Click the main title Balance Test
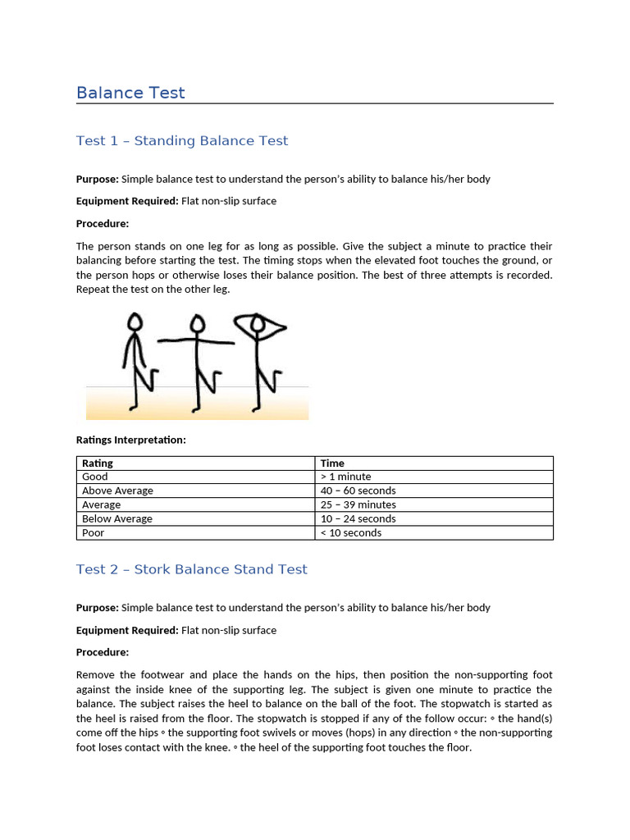[130, 93]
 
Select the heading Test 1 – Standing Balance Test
[182, 141]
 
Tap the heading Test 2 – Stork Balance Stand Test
[191, 569]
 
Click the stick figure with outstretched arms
[196, 361]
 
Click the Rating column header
[98, 463]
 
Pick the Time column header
[332, 463]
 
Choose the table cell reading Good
[95, 477]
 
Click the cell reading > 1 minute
[345, 477]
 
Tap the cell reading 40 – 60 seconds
[358, 491]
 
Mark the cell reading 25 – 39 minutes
[358, 504]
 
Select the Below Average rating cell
[117, 518]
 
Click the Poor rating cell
[94, 532]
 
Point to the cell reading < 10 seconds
[351, 532]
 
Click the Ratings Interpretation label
[131, 440]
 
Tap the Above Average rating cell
[117, 491]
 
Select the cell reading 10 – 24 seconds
[358, 518]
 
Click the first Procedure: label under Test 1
[103, 223]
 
